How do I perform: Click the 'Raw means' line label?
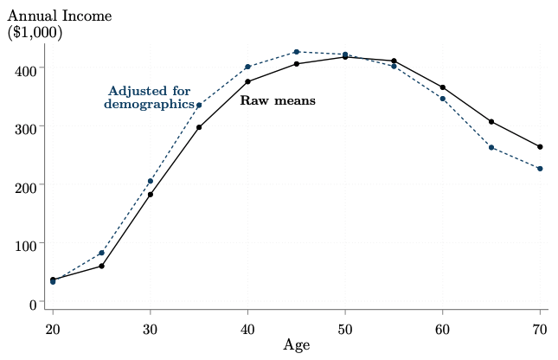(x=277, y=101)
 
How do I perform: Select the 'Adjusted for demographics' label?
(x=149, y=98)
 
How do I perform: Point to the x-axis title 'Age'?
(x=296, y=344)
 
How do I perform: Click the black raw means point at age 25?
(x=101, y=266)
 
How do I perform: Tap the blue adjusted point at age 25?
(x=101, y=253)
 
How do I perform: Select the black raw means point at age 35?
(x=199, y=127)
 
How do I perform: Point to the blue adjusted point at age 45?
(x=297, y=52)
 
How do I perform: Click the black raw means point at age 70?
(x=540, y=147)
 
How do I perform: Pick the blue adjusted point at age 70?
(x=540, y=169)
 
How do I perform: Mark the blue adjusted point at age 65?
(x=491, y=148)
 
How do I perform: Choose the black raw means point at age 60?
(x=443, y=87)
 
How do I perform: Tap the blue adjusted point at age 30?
(x=151, y=182)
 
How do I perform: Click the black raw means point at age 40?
(x=248, y=82)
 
